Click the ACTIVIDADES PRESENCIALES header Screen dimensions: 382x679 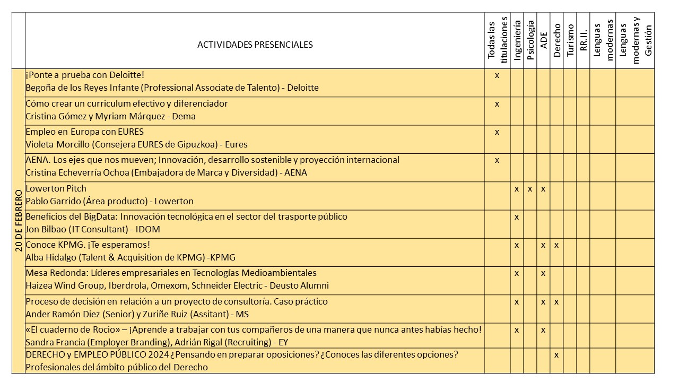click(255, 45)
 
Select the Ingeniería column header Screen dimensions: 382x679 click(517, 41)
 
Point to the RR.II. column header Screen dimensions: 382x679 click(583, 41)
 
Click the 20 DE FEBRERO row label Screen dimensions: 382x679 click(19, 220)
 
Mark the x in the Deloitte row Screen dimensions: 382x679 click(497, 75)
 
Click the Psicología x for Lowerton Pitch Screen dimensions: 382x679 click(530, 188)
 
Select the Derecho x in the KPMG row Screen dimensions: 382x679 click(556, 245)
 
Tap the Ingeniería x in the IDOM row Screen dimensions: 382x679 click(517, 216)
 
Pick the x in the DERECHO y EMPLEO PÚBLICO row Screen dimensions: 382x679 click(556, 354)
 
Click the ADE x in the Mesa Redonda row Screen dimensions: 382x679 click(543, 273)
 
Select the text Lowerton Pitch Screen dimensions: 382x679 click(56, 188)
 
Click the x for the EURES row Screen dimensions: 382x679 click(497, 132)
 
